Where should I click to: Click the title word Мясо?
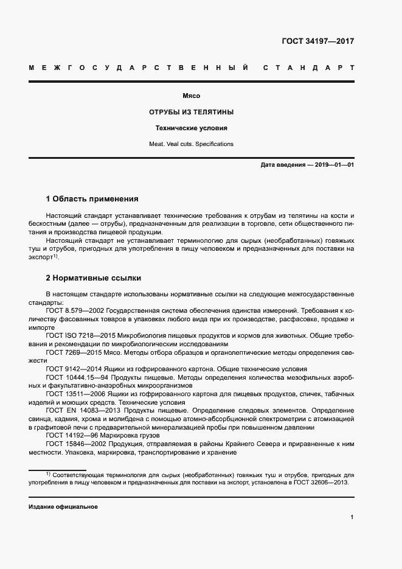192,96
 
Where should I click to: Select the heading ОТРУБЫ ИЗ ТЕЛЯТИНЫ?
192,113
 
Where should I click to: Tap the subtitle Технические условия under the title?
192,128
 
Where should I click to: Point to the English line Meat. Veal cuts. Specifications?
192,144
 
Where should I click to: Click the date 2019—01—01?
334,165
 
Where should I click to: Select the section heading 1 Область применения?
92,198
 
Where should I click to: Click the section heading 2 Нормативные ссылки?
94,278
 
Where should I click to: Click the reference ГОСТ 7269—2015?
71,352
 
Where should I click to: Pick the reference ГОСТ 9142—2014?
71,369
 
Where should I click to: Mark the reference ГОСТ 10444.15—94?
76,377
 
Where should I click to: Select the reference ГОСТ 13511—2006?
73,394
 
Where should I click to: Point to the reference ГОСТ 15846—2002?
73,444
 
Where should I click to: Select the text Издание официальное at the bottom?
63,506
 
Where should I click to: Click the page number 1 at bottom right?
352,517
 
